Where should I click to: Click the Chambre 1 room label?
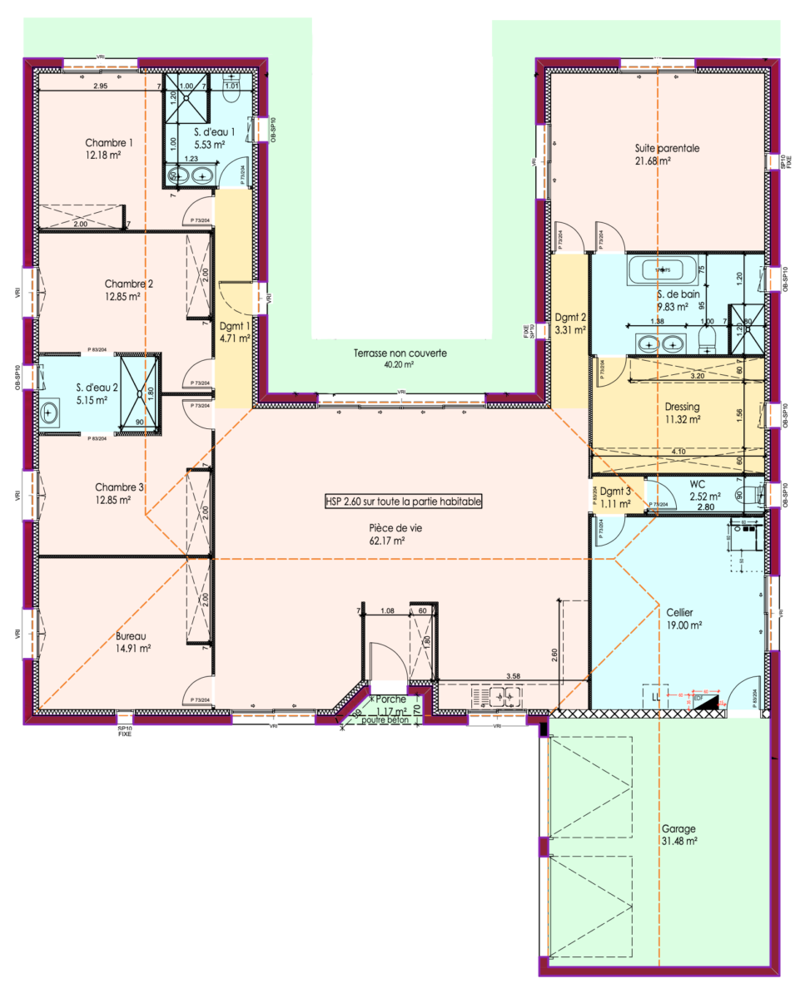click(114, 142)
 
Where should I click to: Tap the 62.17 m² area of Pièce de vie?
click(387, 541)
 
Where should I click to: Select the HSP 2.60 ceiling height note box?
click(404, 502)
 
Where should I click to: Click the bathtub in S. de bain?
click(658, 270)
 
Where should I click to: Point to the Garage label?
click(678, 829)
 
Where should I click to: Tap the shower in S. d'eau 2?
click(138, 394)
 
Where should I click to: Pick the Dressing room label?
click(682, 407)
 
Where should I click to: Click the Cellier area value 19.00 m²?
click(683, 625)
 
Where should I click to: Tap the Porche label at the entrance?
click(390, 699)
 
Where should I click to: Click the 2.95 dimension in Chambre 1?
click(100, 86)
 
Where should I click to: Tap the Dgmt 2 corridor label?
click(570, 317)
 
